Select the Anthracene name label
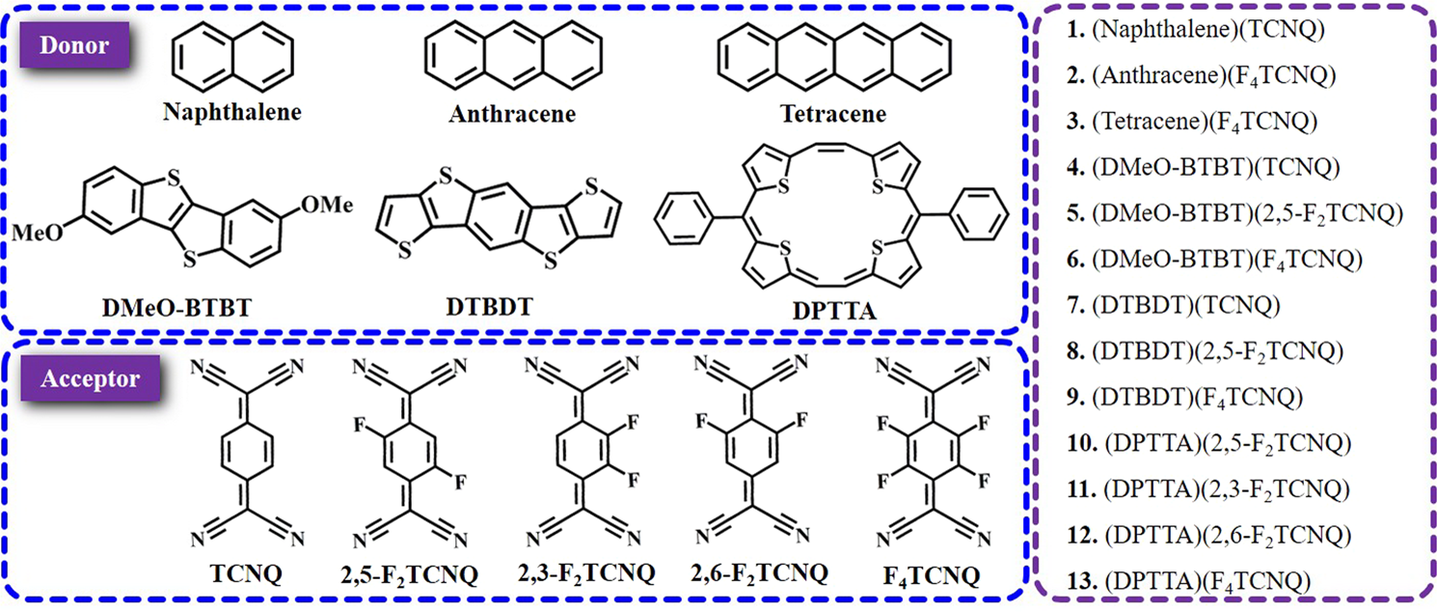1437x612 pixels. pos(512,114)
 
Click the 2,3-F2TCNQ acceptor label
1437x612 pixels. pos(587,573)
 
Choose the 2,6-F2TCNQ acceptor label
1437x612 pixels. pos(759,573)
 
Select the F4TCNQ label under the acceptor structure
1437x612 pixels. pos(931,576)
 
